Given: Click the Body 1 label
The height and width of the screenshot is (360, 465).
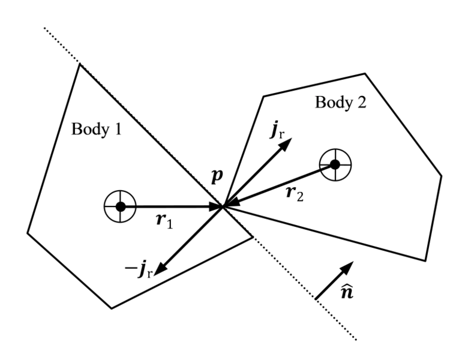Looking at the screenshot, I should point(96,129).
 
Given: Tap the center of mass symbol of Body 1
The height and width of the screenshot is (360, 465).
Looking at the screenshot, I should point(120,206).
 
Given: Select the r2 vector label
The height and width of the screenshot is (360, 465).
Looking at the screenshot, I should point(295,194).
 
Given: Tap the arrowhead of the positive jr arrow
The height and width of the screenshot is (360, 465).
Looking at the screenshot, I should point(288,142).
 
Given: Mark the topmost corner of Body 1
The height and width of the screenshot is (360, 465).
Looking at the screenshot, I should point(79,64).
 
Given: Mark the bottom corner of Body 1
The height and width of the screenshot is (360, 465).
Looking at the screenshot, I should point(112,308).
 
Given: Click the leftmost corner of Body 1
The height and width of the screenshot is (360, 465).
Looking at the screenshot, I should point(28,233).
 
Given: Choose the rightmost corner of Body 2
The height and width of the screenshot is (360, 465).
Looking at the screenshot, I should point(442,176).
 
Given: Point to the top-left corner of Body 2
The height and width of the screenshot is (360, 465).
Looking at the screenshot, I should point(263,96).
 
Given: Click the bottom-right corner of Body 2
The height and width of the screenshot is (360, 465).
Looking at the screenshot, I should point(425,260).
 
